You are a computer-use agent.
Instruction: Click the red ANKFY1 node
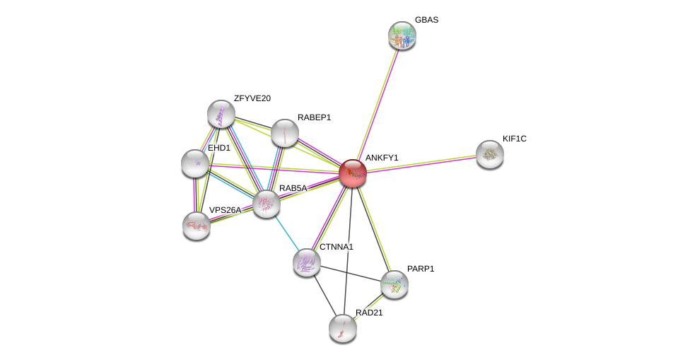pyautogui.click(x=352, y=173)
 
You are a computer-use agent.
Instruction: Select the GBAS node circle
pyautogui.click(x=402, y=35)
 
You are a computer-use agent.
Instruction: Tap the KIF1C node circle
pyautogui.click(x=489, y=154)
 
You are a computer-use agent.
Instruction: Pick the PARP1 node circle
pyautogui.click(x=394, y=284)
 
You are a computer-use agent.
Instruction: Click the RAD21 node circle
pyautogui.click(x=343, y=328)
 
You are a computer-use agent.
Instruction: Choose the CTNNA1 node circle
pyautogui.click(x=307, y=262)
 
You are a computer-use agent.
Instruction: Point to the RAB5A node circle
pyautogui.click(x=267, y=204)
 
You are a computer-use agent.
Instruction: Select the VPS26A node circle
pyautogui.click(x=197, y=226)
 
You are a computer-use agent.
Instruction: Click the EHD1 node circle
pyautogui.click(x=195, y=163)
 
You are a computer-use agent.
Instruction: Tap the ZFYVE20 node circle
pyautogui.click(x=221, y=114)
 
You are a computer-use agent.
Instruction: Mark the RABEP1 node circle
pyautogui.click(x=285, y=133)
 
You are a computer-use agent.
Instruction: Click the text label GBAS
pyautogui.click(x=426, y=20)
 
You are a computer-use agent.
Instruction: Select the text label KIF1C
pyautogui.click(x=514, y=139)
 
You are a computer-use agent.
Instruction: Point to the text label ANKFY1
pyautogui.click(x=382, y=158)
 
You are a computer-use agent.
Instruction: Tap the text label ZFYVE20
pyautogui.click(x=252, y=98)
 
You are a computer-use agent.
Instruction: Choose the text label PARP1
pyautogui.click(x=421, y=269)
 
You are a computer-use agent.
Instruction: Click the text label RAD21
pyautogui.click(x=369, y=313)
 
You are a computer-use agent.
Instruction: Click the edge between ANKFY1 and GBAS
pyautogui.click(x=378, y=103)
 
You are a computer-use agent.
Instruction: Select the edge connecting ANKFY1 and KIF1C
pyautogui.click(x=421, y=163)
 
